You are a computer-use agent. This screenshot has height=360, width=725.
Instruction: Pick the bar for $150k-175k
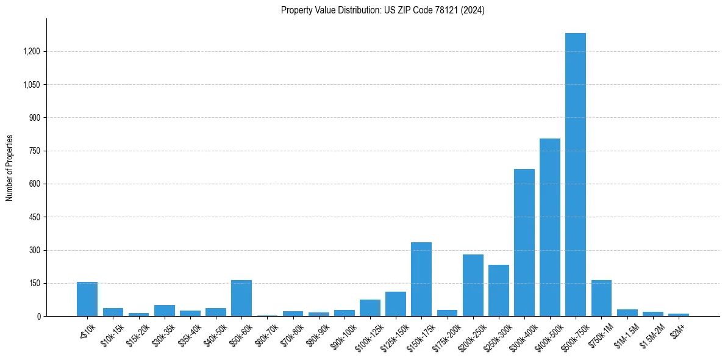pyautogui.click(x=421, y=279)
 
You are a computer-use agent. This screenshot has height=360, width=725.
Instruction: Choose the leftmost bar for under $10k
pyautogui.click(x=87, y=299)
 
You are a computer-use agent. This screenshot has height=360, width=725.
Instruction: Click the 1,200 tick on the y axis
pyautogui.click(x=31, y=51)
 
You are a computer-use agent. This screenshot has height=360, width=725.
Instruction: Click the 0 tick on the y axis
pyautogui.click(x=38, y=317)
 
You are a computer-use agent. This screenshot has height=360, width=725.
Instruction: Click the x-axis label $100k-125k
pyautogui.click(x=363, y=334)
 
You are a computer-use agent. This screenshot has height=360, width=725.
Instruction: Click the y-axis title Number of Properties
pyautogui.click(x=10, y=168)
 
